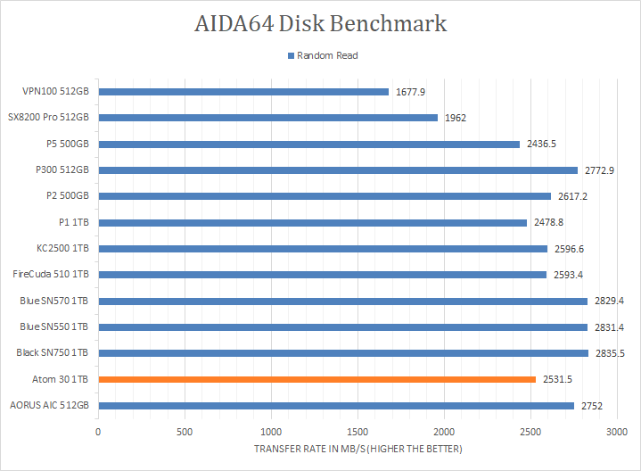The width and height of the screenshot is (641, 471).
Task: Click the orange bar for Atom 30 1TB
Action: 316,379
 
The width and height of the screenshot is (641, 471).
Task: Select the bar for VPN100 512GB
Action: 243,91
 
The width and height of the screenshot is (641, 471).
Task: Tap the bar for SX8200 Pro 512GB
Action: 267,118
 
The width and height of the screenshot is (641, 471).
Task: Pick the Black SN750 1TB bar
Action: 343,353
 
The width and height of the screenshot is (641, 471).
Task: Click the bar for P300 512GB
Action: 338,169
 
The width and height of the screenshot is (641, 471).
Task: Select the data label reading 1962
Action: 455,118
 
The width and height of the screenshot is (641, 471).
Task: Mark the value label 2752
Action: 590,406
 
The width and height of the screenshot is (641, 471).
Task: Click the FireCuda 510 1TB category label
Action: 51,275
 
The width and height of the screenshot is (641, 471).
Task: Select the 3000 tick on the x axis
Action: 617,432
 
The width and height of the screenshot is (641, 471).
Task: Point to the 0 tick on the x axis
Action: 98,432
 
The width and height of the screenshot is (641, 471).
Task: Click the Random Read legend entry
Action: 322,55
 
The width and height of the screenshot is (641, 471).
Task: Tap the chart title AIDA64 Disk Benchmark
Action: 321,24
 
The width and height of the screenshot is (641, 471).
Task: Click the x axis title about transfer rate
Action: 358,449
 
